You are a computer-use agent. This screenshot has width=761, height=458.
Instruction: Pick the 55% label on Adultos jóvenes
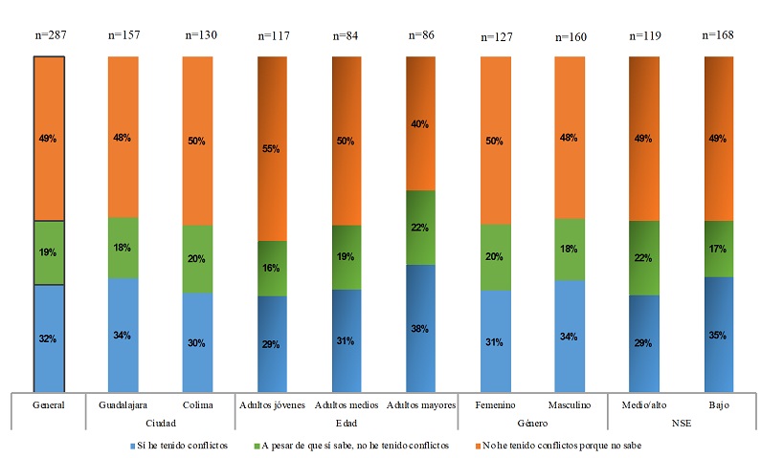(271, 149)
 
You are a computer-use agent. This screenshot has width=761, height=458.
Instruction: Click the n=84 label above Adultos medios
(346, 37)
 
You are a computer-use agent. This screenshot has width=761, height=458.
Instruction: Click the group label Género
(532, 423)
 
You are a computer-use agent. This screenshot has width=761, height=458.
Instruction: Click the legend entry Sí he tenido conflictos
(186, 445)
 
